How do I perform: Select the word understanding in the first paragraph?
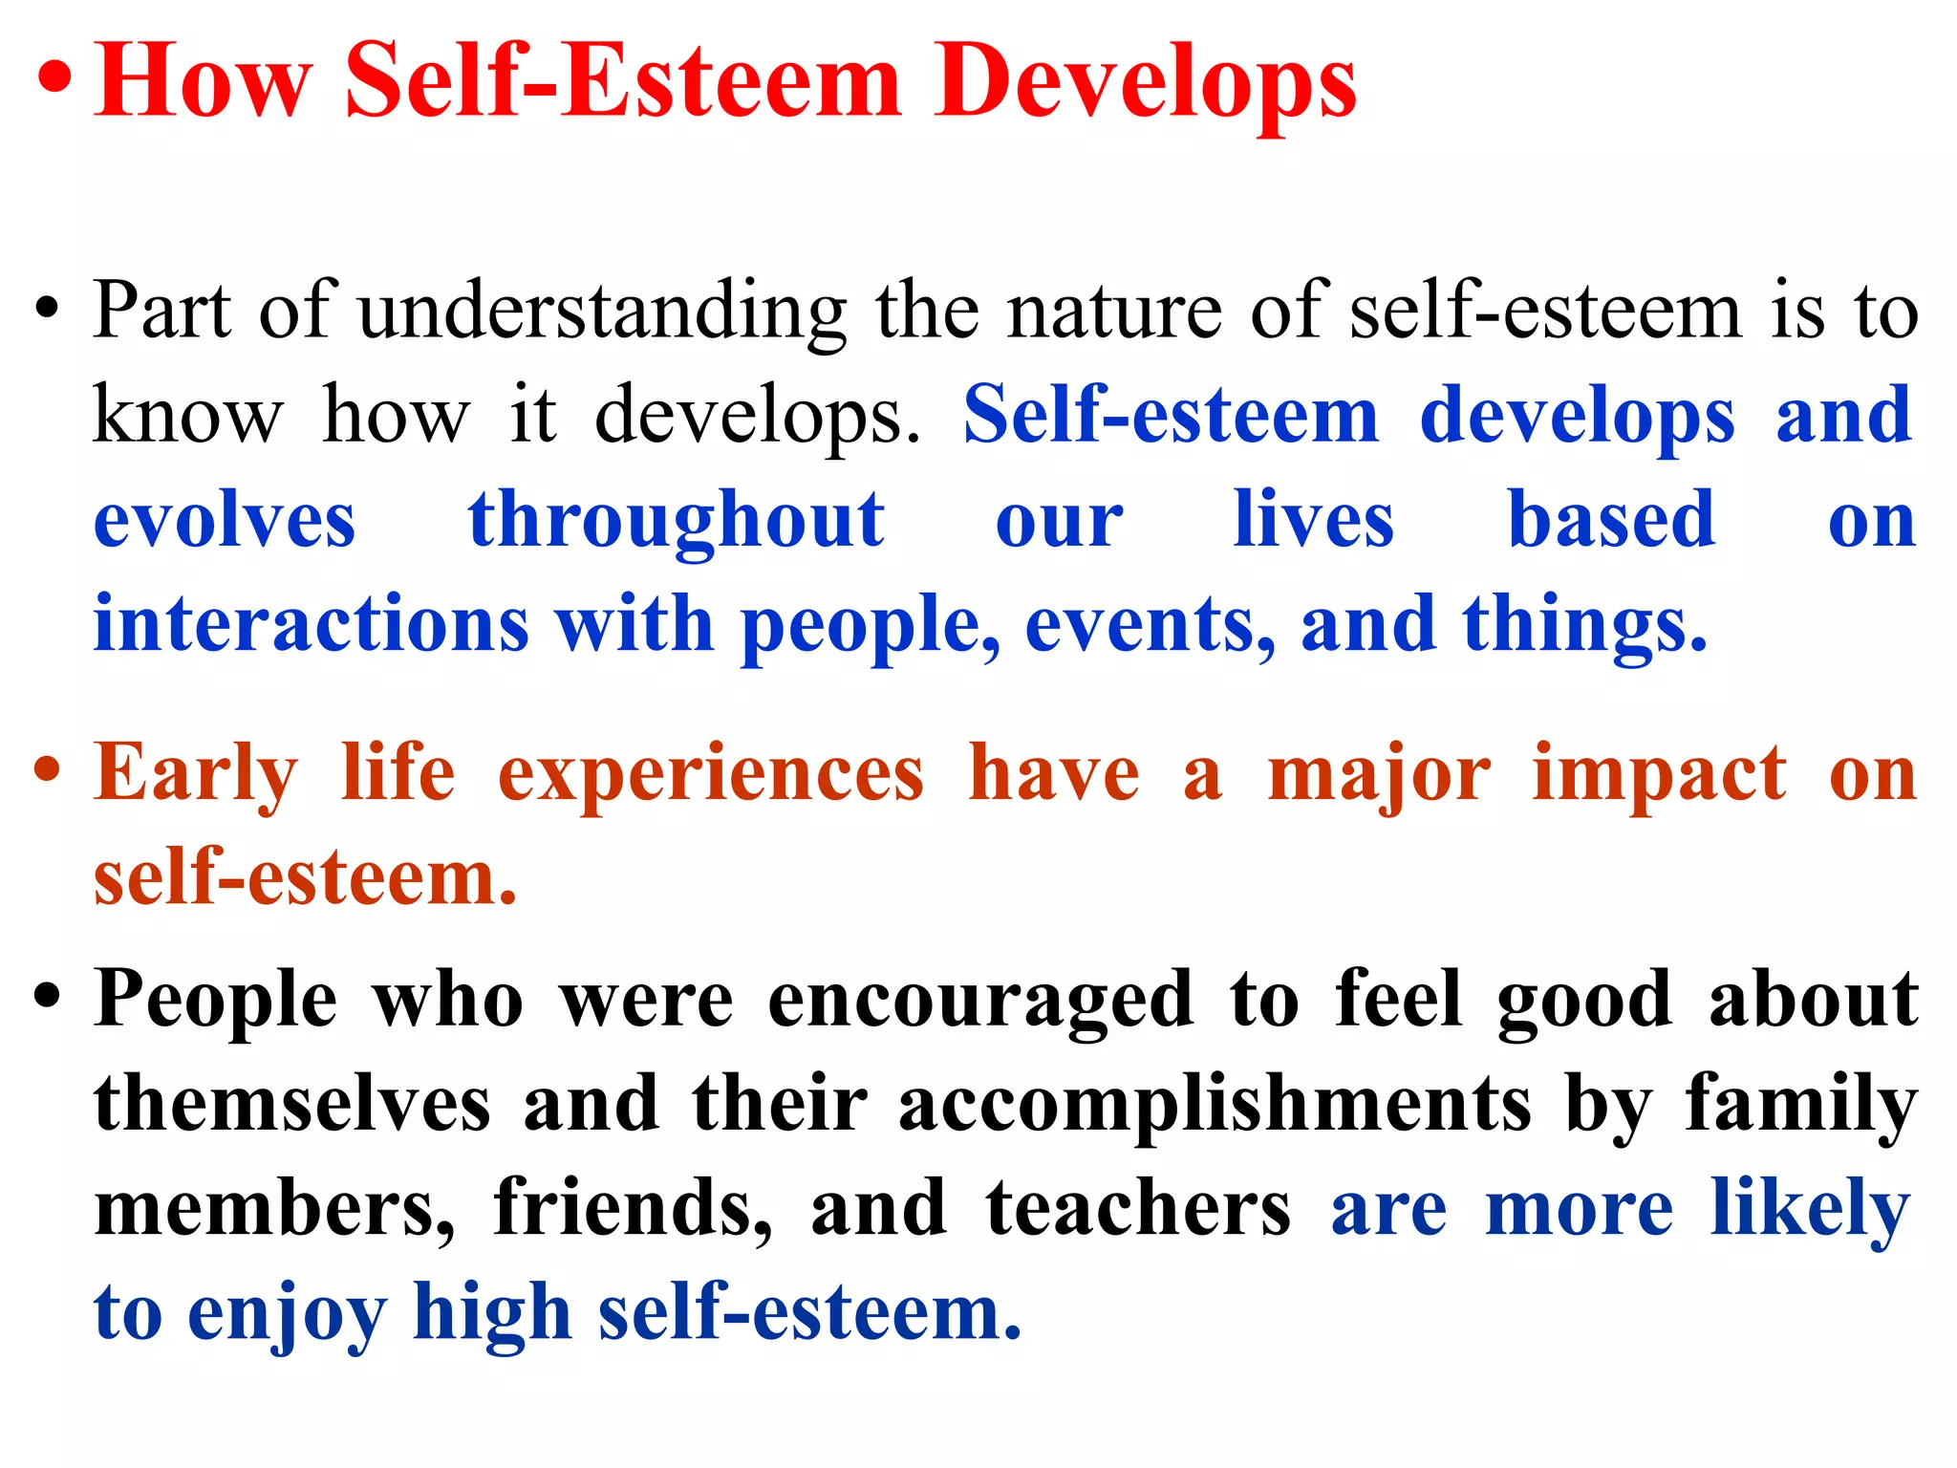point(603,312)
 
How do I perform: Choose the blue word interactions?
point(311,624)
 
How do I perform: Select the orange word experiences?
point(711,774)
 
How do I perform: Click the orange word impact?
point(1659,774)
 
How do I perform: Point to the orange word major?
point(1378,774)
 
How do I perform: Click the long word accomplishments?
point(1215,1104)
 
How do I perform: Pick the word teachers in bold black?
point(1138,1208)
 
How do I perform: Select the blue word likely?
point(1810,1210)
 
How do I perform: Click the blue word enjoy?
point(287,1314)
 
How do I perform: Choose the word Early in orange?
point(196,774)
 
